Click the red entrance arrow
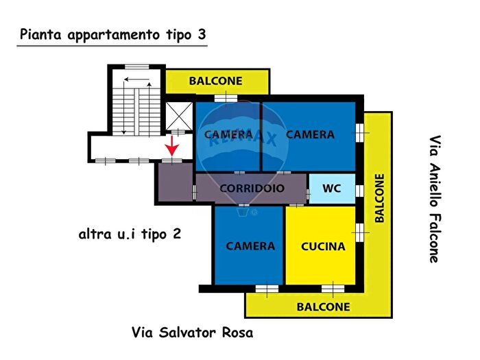171,145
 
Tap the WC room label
333,188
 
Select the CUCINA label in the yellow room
322,246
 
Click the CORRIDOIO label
252,188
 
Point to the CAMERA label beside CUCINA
250,246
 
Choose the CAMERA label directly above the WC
310,134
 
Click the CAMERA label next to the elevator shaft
228,134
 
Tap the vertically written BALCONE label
379,197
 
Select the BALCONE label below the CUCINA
323,307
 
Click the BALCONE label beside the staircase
215,81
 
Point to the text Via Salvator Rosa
192,333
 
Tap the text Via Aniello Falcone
434,199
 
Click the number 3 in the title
201,34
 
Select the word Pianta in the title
43,34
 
